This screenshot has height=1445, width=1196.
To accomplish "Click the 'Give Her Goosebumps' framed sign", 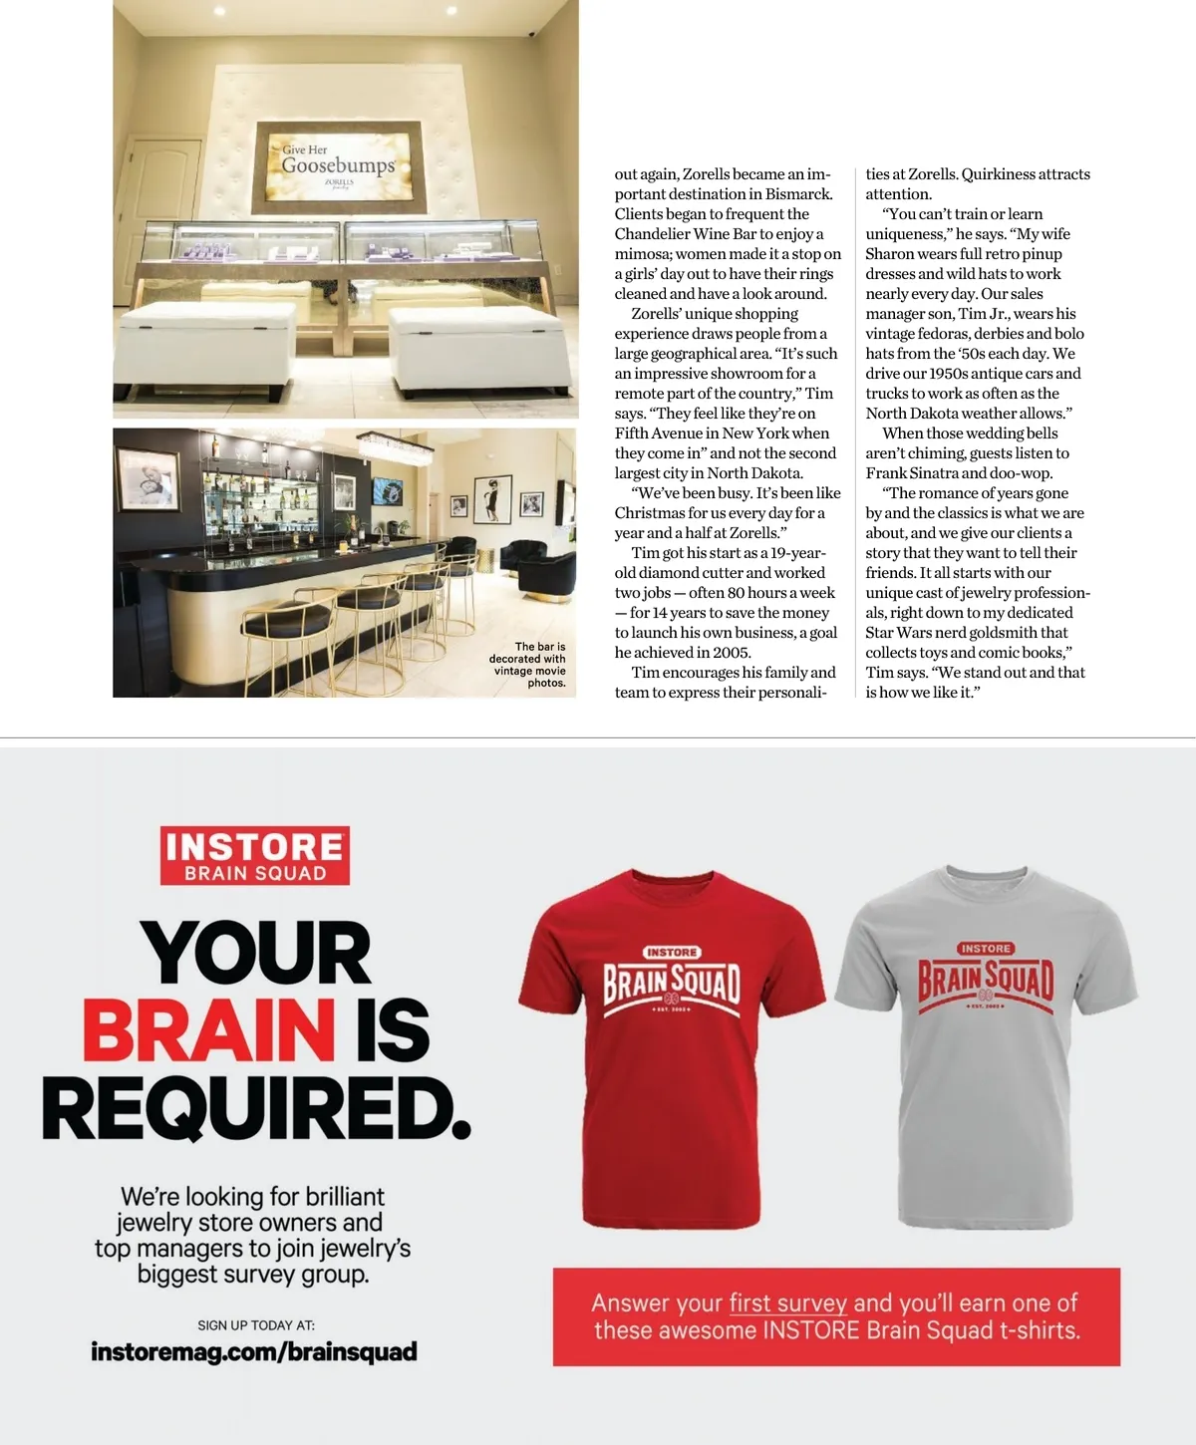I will pos(337,167).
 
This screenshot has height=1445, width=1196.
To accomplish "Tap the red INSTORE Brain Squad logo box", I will pos(254,856).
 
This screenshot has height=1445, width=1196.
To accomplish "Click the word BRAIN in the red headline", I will pos(208,1030).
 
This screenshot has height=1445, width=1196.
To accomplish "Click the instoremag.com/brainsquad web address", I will pos(254,1352).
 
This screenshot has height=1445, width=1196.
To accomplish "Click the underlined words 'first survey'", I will pos(787,1303).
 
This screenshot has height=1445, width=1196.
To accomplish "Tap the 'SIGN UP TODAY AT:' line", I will pos(256,1325).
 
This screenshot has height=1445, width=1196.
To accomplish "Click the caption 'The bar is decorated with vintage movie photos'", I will pos(528,665).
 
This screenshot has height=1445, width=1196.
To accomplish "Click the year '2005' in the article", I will pos(732,653).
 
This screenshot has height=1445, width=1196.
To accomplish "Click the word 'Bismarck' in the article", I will pos(798,194).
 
